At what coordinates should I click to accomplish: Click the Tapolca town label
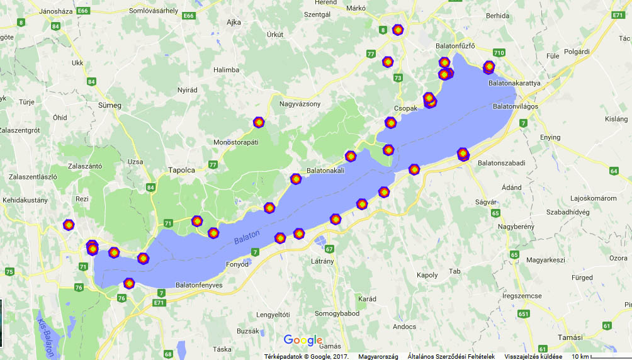183,170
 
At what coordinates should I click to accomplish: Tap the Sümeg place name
110,105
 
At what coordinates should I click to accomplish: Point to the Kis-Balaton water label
45,334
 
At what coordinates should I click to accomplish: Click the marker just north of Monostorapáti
258,122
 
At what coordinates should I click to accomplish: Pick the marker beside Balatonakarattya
488,67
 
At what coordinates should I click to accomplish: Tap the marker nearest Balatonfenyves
129,284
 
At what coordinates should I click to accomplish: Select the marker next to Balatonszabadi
463,153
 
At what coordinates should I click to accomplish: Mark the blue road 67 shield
329,249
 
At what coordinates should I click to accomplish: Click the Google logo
303,340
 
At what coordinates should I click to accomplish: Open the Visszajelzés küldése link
533,356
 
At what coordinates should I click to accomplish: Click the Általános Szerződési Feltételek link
451,356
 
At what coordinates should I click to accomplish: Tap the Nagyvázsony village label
300,104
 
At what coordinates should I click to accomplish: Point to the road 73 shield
397,77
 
